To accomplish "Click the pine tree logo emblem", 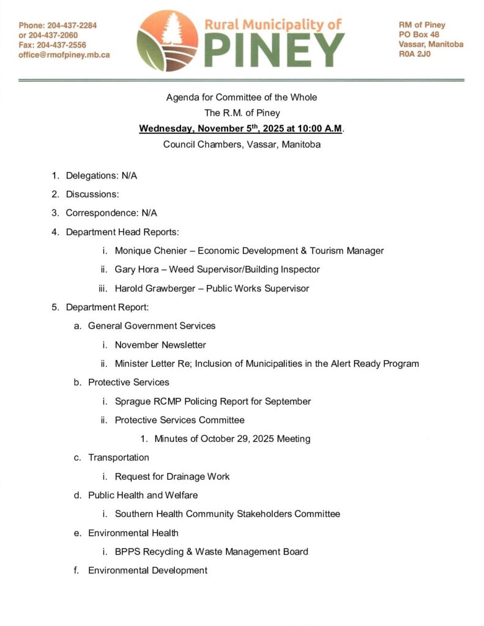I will (x=167, y=40).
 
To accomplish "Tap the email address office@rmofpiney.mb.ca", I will (x=64, y=54).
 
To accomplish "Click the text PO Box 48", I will (x=419, y=35).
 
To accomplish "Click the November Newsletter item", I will (x=160, y=345).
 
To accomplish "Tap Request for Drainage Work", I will (x=172, y=476).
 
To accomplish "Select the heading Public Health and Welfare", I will (x=143, y=495).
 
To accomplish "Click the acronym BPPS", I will (x=127, y=551).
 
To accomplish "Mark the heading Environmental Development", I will (x=147, y=570).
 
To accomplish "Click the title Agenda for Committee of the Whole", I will (x=242, y=97).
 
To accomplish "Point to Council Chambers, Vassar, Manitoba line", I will (x=242, y=145).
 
